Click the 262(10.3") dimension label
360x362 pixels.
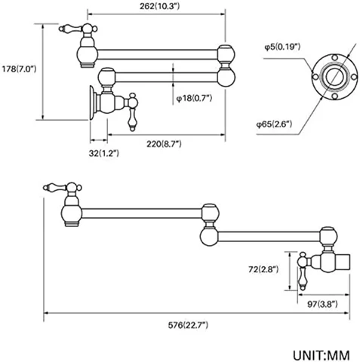160,6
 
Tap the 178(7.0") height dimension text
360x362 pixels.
19,69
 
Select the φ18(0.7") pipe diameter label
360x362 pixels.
194,98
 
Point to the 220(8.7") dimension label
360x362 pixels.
164,144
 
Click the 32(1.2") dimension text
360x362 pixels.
104,153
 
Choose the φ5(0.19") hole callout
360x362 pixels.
282,47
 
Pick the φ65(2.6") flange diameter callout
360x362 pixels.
274,124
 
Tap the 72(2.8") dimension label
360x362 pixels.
263,269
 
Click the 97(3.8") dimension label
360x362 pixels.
322,304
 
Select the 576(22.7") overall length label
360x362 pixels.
188,325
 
